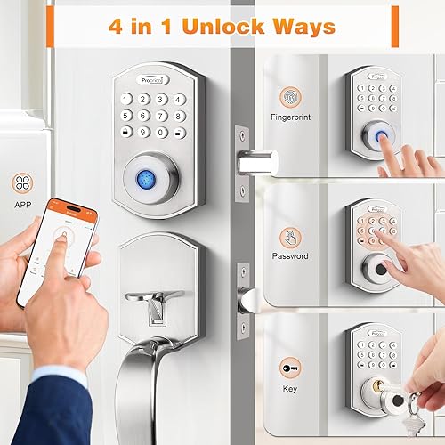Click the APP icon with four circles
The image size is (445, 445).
click(x=24, y=184)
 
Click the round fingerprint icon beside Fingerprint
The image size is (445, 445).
click(x=291, y=95)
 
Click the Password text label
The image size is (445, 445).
click(x=291, y=256)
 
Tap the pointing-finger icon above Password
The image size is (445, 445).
click(x=291, y=235)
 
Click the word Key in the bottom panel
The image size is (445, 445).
click(x=291, y=389)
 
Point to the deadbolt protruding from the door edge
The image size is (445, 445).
click(x=258, y=163)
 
